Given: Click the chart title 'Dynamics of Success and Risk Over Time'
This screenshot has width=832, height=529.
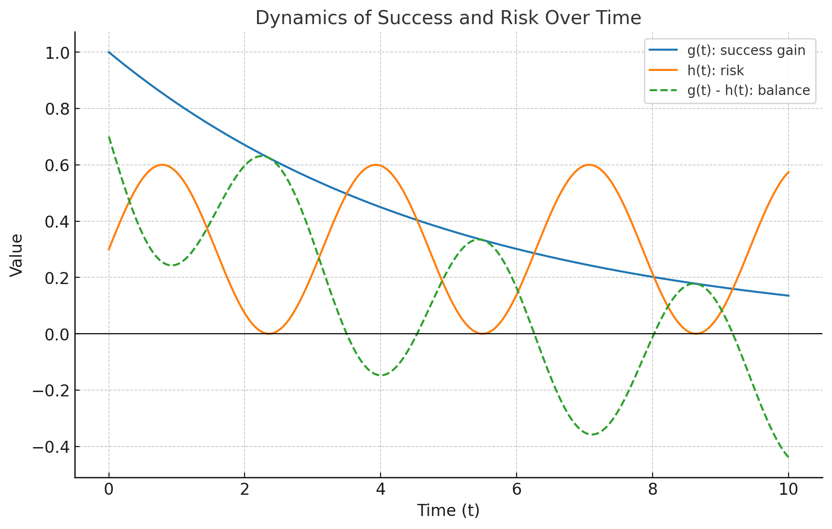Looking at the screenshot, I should point(448,18).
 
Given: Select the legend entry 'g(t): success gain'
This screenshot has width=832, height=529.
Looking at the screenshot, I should point(746,51).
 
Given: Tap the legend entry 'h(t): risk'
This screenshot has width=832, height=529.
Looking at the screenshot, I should point(715,71).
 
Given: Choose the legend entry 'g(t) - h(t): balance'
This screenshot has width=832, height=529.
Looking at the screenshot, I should point(749,91).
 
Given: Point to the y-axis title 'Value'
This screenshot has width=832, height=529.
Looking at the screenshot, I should point(17,255).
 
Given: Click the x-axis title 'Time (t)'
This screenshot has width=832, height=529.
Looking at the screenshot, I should point(448,510).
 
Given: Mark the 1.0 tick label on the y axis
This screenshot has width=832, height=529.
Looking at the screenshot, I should point(57,53).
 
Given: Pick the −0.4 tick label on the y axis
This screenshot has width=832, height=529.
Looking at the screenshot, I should point(51,447).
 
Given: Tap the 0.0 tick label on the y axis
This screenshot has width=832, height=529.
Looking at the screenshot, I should point(57,334).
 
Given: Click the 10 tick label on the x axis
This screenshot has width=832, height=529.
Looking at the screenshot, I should point(788,490).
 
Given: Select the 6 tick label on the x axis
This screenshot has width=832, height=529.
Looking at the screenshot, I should point(517,490).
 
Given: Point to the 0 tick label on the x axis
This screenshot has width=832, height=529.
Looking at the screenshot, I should point(109,490).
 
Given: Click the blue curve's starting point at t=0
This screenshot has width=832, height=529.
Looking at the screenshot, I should point(109,52).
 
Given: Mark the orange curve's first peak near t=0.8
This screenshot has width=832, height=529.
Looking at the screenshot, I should point(162,165).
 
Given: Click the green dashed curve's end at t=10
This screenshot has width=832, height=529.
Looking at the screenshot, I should point(788,457).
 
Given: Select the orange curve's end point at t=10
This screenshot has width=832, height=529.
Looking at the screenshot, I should point(788,172).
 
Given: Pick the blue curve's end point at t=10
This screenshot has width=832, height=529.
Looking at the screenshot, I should point(788,296).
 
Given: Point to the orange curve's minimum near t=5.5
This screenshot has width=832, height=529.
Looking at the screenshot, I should point(482,333).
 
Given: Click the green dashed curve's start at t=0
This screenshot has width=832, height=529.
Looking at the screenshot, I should point(109,137).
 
